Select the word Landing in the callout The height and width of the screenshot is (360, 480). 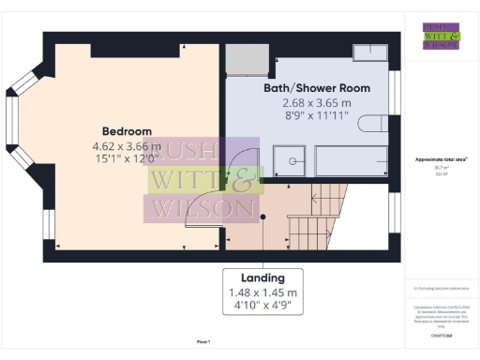264,278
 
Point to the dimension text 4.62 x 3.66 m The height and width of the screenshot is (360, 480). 127,146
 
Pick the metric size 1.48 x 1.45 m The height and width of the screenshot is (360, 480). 264,293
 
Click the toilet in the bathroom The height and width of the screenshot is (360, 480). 375,127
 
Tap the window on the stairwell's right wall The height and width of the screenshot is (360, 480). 394,211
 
